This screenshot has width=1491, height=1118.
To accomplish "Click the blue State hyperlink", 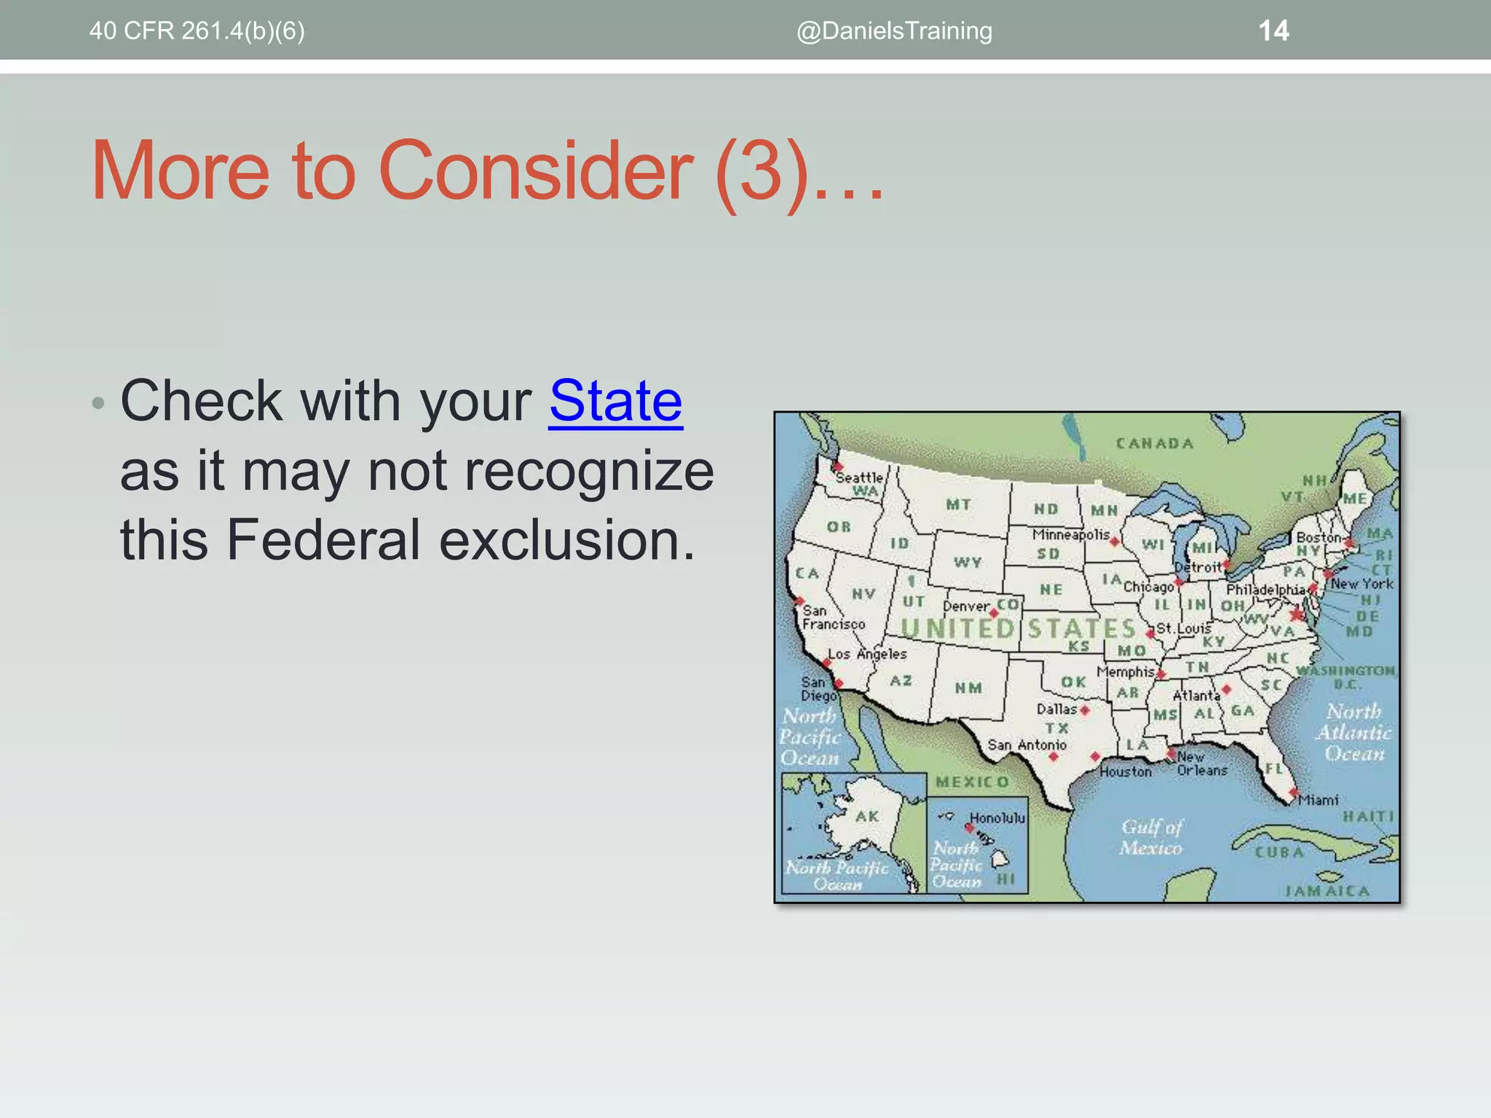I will pyautogui.click(x=615, y=401).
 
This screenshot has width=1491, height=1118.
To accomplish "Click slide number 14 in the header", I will pyautogui.click(x=1273, y=31).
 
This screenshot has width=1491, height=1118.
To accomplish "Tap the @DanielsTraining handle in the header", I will pyautogui.click(x=894, y=31).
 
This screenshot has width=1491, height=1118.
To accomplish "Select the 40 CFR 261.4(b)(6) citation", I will pyautogui.click(x=197, y=31).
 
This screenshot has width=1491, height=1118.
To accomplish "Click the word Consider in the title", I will pyautogui.click(x=536, y=171).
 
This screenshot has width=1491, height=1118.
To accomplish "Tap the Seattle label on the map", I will pyautogui.click(x=858, y=477).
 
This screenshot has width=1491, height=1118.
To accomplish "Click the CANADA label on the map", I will pyautogui.click(x=1155, y=443).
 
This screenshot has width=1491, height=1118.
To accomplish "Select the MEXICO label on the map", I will pyautogui.click(x=973, y=782).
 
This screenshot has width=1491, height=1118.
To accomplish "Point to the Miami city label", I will pyautogui.click(x=1318, y=800).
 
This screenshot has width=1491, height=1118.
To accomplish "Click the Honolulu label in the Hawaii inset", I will pyautogui.click(x=997, y=818).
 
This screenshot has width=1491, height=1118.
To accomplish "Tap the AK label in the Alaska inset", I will pyautogui.click(x=866, y=817).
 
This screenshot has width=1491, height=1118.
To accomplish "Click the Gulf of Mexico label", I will pyautogui.click(x=1151, y=837).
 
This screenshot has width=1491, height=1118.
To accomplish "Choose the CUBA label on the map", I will pyautogui.click(x=1278, y=852).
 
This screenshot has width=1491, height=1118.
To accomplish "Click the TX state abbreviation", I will pyautogui.click(x=1056, y=728).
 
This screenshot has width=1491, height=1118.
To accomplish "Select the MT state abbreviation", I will pyautogui.click(x=958, y=504).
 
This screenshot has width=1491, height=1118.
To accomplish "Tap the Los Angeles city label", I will pyautogui.click(x=867, y=654).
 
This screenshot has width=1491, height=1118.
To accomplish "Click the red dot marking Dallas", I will pyautogui.click(x=1085, y=710).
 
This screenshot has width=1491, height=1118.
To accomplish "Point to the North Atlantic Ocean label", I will pyautogui.click(x=1353, y=732).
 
